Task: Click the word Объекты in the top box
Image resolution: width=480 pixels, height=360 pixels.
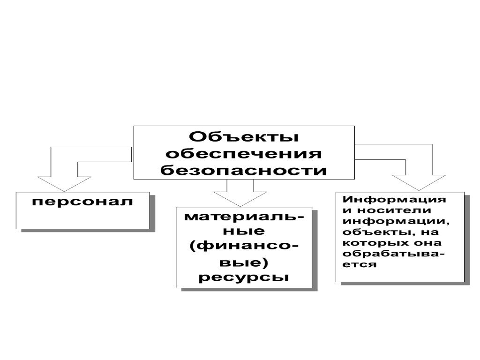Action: coord(244,137)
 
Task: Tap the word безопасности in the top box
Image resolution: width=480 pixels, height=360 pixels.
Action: coord(244,170)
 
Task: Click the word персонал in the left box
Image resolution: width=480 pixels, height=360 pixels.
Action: coord(82,202)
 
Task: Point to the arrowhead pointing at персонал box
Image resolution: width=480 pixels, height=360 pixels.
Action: coord(64,183)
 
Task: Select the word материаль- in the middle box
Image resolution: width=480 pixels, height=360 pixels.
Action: coord(244,218)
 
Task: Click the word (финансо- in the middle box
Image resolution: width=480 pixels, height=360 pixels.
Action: coord(244,247)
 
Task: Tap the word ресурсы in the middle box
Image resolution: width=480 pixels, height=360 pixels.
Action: coord(244,277)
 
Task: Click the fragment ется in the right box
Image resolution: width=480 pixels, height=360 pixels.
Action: coord(360,264)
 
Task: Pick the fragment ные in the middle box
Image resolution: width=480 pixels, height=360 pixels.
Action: coord(244,232)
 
